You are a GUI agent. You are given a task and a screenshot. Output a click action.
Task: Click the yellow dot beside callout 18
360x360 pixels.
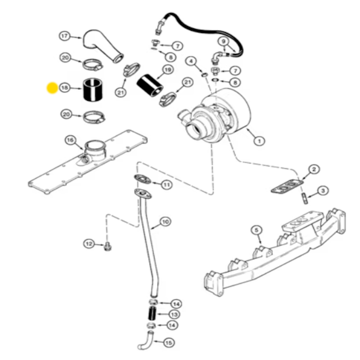[52, 88]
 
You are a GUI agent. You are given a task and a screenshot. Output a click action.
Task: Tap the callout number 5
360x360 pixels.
[256, 231]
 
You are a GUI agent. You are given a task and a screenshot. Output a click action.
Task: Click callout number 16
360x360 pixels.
[70, 140]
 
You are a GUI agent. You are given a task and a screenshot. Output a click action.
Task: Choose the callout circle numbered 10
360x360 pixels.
[165, 221]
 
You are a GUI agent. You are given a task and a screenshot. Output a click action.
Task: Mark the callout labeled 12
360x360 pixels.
[89, 244]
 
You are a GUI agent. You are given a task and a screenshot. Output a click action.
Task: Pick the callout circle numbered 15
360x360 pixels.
[168, 343]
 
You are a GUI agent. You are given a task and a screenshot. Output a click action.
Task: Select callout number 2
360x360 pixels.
[314, 169]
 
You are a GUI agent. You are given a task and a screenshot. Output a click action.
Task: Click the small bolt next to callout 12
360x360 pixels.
[107, 247]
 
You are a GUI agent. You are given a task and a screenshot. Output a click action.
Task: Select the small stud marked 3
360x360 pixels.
[305, 197]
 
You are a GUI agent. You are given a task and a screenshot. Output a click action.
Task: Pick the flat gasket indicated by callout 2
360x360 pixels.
[287, 187]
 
